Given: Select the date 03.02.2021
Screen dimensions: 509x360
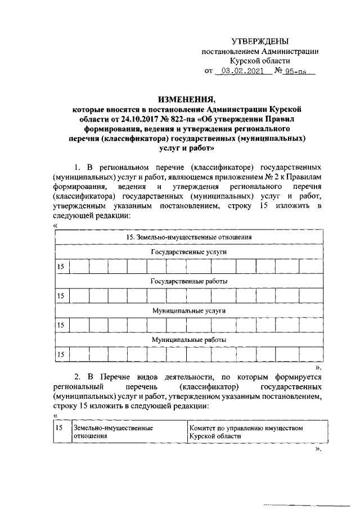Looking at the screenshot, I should pos(244,71).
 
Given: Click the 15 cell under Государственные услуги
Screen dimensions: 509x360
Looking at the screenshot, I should pos(61,267).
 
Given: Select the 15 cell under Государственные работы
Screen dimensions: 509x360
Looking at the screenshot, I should pos(61,296).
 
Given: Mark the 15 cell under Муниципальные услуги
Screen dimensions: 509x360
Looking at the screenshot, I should pos(61,325).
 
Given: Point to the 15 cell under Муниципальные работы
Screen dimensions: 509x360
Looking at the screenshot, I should pos(61,354).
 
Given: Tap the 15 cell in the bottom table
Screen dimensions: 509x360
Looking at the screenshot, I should pos(59,428).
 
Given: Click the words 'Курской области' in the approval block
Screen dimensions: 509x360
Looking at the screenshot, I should pos(260,61).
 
